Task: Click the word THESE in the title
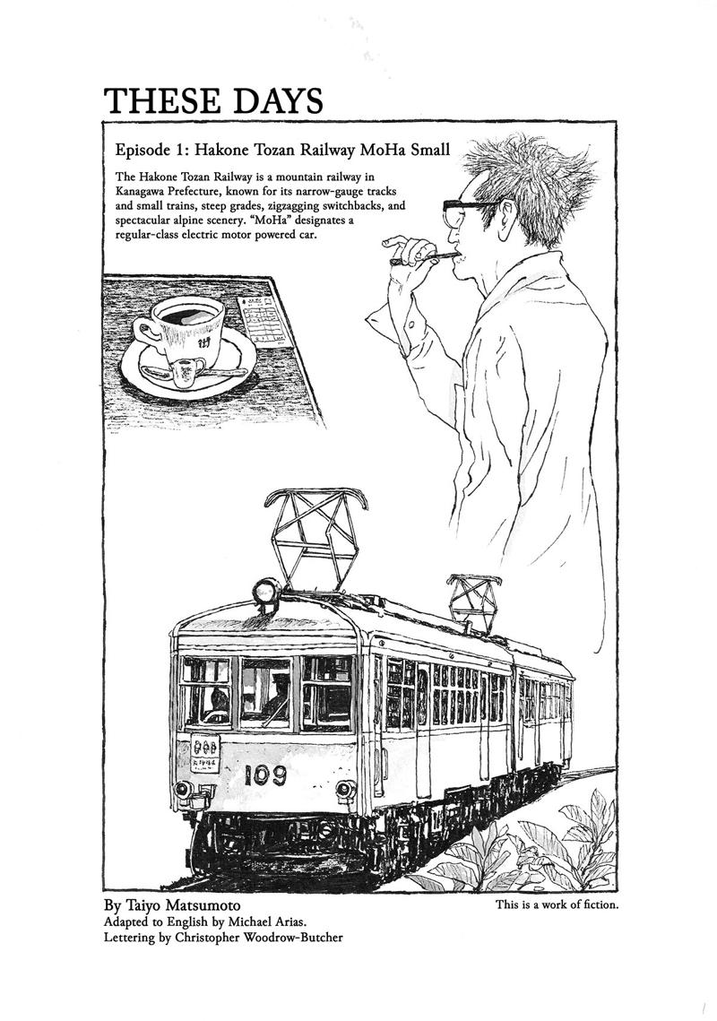click(x=166, y=101)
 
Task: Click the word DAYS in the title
click(x=281, y=101)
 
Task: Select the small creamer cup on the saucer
click(x=180, y=374)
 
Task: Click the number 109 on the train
click(x=265, y=774)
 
